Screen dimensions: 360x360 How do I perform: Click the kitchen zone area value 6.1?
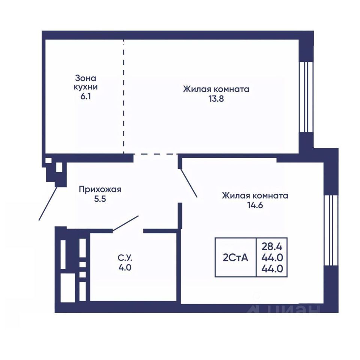click(x=85, y=96)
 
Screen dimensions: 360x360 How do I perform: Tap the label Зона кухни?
click(x=85, y=82)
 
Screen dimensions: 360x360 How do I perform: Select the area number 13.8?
click(x=216, y=99)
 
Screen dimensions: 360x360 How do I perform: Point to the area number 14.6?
click(x=255, y=205)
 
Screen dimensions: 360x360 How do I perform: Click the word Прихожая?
click(x=100, y=190)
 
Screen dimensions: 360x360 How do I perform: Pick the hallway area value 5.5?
click(x=100, y=199)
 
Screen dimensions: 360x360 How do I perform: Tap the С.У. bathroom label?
click(x=125, y=258)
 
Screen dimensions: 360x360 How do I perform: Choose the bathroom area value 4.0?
click(x=125, y=268)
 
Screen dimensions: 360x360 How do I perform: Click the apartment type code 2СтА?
click(x=235, y=258)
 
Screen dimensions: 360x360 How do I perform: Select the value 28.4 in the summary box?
click(x=272, y=247)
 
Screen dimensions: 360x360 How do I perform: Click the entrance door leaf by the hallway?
click(x=48, y=204)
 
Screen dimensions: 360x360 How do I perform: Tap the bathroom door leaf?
click(x=125, y=223)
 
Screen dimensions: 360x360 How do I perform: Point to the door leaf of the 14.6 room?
click(x=189, y=183)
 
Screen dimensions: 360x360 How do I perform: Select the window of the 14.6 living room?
click(x=331, y=230)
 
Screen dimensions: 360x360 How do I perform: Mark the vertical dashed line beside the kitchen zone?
click(x=123, y=96)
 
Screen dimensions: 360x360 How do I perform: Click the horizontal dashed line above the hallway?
click(x=156, y=154)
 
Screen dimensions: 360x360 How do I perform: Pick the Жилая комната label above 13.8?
click(x=216, y=89)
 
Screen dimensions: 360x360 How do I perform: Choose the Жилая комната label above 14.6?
click(x=255, y=196)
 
